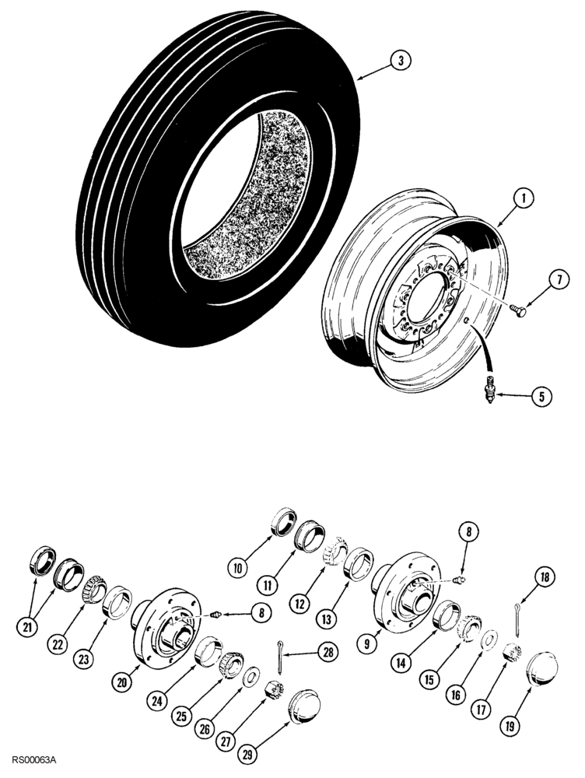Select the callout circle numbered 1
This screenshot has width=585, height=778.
(526, 200)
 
